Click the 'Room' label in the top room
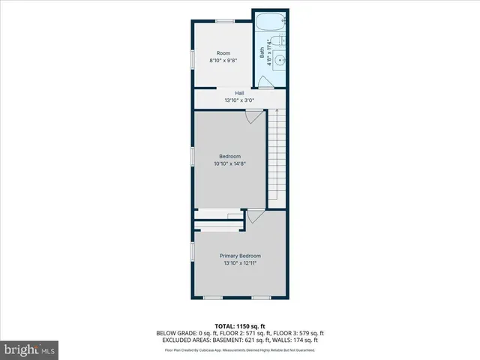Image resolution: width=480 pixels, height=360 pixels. point(223,53)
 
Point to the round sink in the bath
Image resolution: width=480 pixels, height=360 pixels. point(278,61)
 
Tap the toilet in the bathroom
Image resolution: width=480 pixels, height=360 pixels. point(277,42)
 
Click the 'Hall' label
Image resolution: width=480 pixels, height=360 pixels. point(239,93)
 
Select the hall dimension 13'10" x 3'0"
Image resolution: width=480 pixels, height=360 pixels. point(239,100)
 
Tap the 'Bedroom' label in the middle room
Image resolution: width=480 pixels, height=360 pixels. point(229,156)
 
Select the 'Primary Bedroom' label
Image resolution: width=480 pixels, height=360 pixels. point(240,256)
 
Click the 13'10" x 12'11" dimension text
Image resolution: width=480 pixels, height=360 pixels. point(240,262)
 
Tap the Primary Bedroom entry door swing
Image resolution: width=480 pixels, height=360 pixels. point(256,216)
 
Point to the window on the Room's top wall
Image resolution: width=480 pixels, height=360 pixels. point(223,21)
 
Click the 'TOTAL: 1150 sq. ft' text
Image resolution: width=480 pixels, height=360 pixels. point(239,326)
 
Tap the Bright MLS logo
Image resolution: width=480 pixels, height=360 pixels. point(30,349)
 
